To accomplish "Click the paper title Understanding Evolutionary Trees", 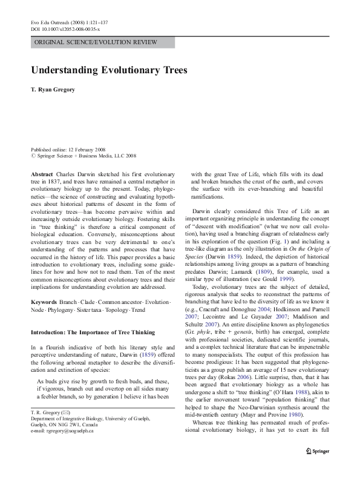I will click(x=109, y=70).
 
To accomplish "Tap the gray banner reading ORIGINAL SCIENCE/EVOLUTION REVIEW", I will click(x=103, y=42).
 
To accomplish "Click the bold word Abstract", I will click(x=42, y=173).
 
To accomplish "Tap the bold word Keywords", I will click(x=44, y=301).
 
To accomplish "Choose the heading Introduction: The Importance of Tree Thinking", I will click(x=93, y=332).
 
